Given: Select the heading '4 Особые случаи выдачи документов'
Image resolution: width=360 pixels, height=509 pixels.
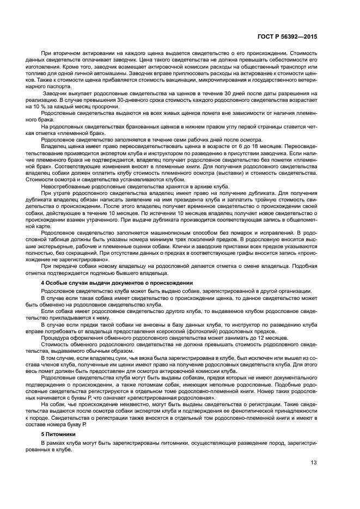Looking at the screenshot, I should pos(117,283).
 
